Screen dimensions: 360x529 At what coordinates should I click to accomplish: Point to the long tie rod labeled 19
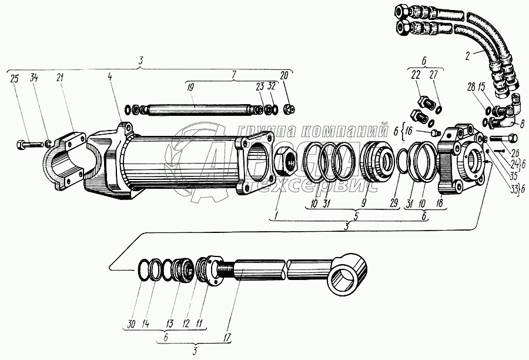click(x=197, y=109)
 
